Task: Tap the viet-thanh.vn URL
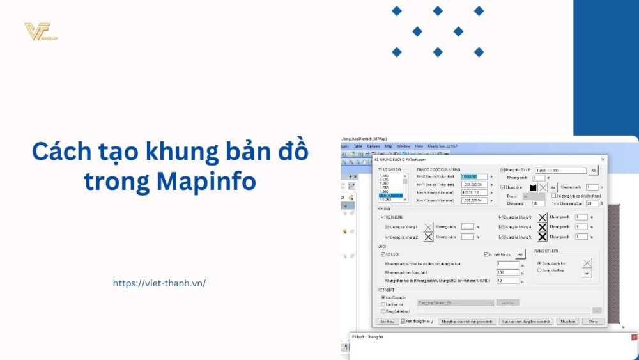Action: (159, 283)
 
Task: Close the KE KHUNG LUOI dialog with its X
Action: (603, 159)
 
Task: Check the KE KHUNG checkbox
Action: (383, 217)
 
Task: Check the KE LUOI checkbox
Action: (383, 254)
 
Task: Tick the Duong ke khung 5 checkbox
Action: (502, 237)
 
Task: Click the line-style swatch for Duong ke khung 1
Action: (428, 227)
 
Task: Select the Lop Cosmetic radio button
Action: (383, 297)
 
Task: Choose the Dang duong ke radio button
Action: (539, 263)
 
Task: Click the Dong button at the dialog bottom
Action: (593, 321)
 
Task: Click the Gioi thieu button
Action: (386, 321)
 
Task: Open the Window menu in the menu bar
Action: (403, 146)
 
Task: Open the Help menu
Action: (419, 146)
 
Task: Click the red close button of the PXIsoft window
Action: (634, 337)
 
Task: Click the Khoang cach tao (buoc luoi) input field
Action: (507, 272)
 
